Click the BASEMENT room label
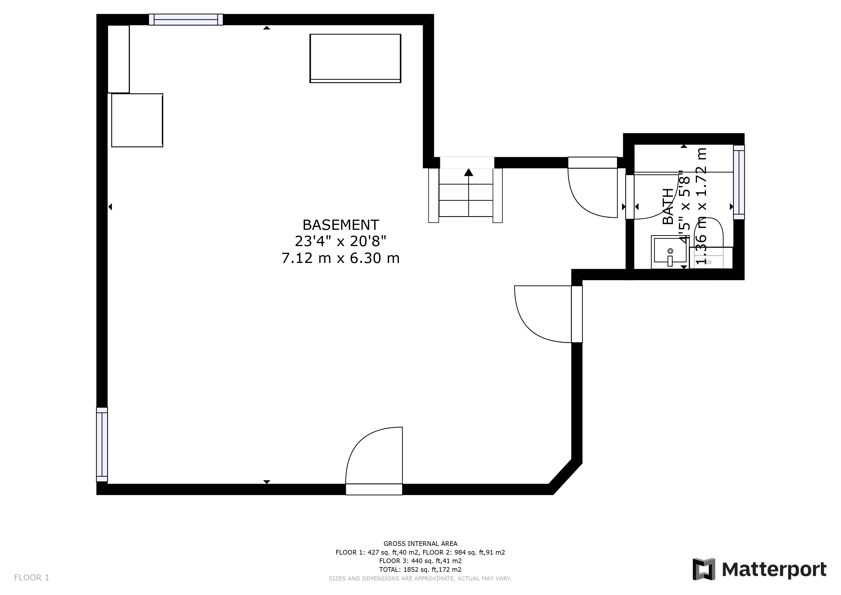(x=341, y=225)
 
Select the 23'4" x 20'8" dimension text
(x=341, y=241)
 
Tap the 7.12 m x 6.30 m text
(x=341, y=258)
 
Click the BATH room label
(x=669, y=206)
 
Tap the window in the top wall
(x=186, y=19)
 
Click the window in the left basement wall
(x=102, y=445)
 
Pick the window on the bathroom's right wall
(x=739, y=182)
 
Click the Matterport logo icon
(x=704, y=569)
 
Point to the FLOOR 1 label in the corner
(x=31, y=578)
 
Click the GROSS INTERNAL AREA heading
(x=420, y=544)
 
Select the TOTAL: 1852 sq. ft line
(x=420, y=569)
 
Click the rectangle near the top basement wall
(x=355, y=58)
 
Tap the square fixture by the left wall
(x=137, y=120)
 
